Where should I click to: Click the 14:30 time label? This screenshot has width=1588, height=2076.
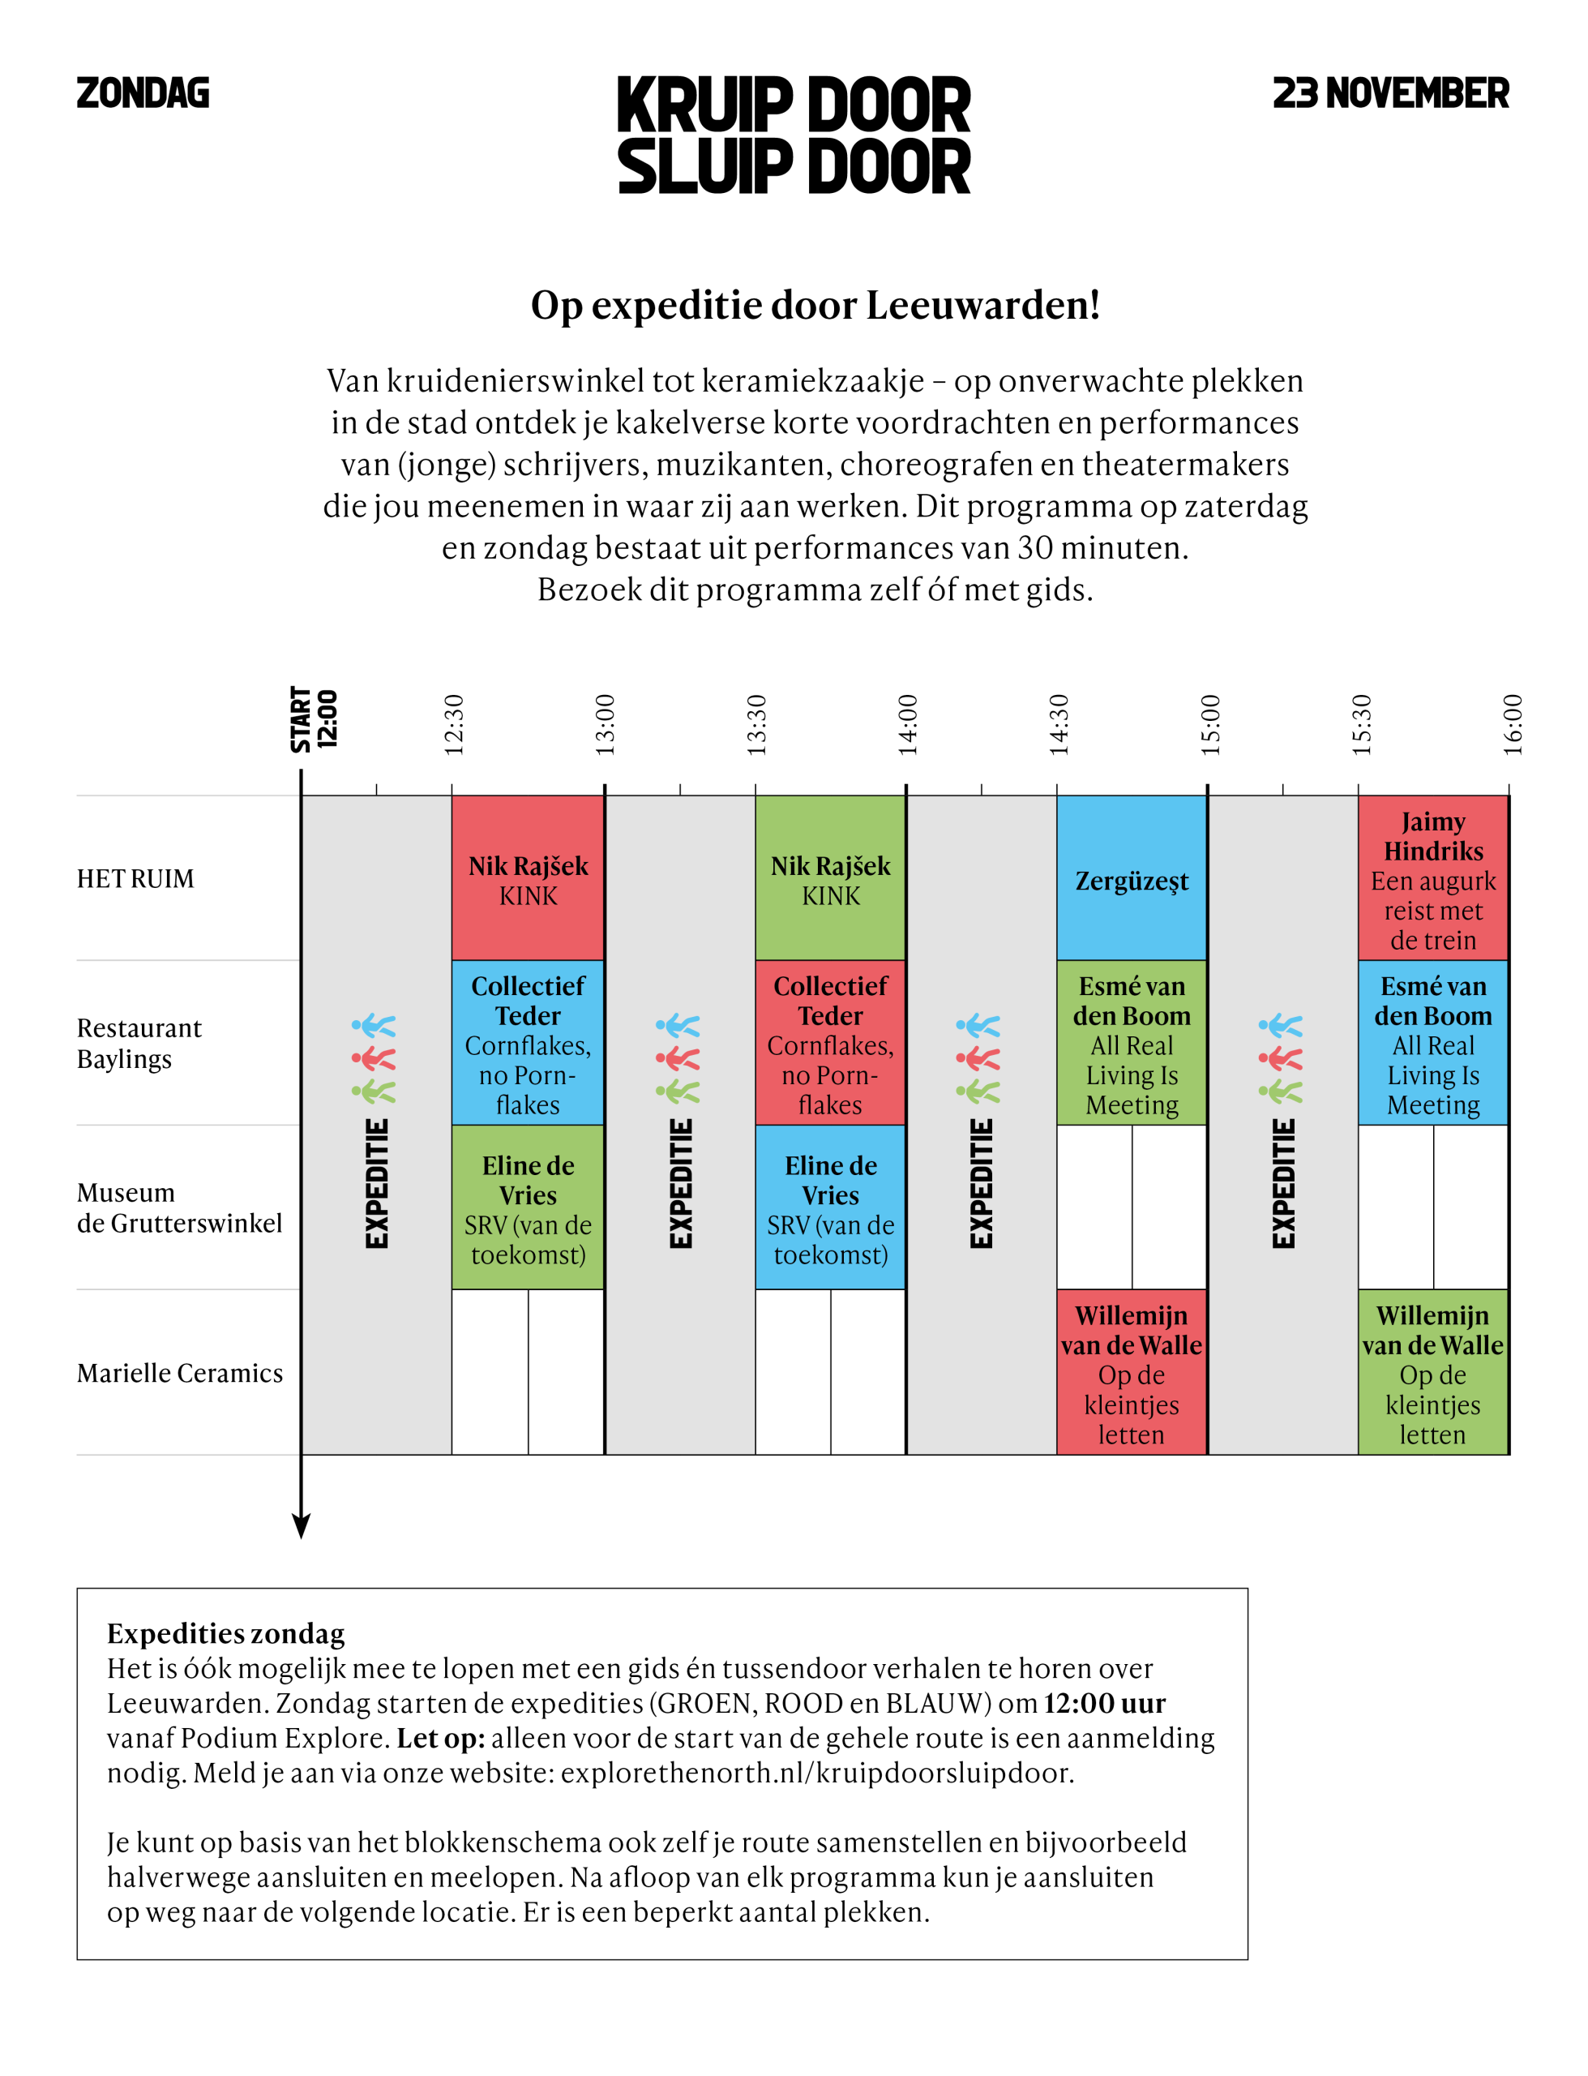(1059, 724)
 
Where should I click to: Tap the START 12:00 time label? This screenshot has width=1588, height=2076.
(314, 719)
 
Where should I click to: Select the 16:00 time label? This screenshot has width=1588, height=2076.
(1513, 724)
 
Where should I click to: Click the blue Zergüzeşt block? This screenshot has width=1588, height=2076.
(1132, 878)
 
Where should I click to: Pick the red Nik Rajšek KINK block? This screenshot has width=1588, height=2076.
(528, 878)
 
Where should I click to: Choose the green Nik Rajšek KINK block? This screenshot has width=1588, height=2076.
(830, 878)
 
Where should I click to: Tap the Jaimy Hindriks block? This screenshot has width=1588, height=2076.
(1433, 878)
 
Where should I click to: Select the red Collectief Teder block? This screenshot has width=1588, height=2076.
(830, 1043)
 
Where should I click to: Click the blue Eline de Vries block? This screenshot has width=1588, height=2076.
(830, 1207)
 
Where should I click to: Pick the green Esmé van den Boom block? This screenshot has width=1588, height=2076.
(1132, 1043)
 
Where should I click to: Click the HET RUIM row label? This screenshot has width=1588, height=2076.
(135, 879)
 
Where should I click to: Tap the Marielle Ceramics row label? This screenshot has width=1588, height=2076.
(180, 1373)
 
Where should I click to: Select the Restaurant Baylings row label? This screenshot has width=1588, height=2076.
(139, 1043)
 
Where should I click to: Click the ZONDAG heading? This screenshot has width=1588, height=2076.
(143, 92)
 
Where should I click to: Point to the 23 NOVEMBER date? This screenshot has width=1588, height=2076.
(1390, 92)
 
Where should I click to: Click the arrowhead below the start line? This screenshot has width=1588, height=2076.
(302, 1524)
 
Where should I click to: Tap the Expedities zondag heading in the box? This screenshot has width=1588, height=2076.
(226, 1633)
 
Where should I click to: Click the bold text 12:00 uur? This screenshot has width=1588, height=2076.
(1104, 1703)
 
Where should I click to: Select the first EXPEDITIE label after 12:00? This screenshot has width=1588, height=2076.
(377, 1184)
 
